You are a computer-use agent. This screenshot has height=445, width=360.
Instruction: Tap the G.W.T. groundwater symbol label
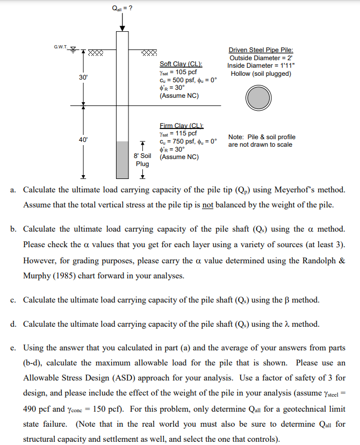pyautogui.click(x=61, y=47)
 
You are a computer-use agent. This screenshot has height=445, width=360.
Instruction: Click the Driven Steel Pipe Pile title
pyautogui.click(x=261, y=50)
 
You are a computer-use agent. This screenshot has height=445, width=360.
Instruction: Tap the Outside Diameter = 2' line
pyautogui.click(x=261, y=58)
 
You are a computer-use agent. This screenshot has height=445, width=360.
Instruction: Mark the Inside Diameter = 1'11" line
pyautogui.click(x=261, y=66)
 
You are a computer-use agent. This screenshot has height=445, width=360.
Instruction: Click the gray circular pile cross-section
pyautogui.click(x=259, y=98)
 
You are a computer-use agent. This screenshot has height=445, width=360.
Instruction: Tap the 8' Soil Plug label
pyautogui.click(x=142, y=160)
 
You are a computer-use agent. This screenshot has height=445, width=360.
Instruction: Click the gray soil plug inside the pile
pyautogui.click(x=123, y=160)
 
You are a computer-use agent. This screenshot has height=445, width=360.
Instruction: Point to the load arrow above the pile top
pyautogui.click(x=123, y=23)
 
